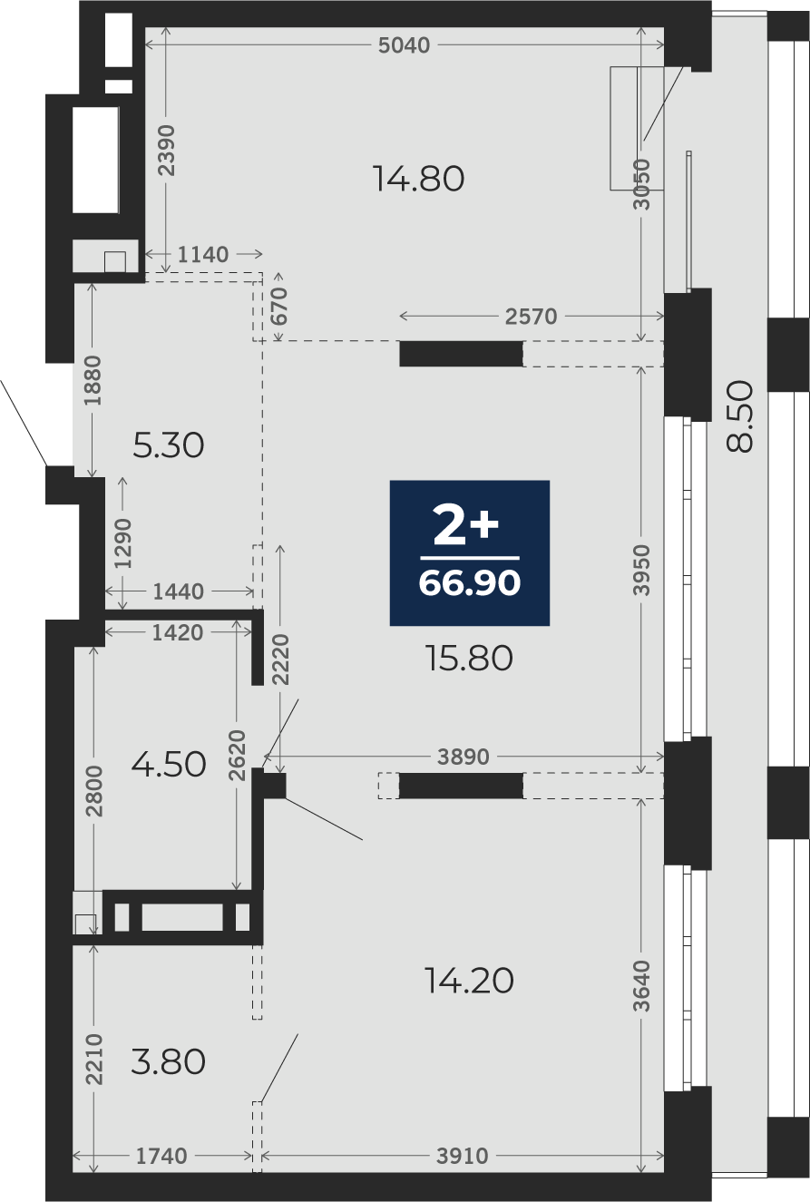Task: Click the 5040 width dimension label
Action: [x=404, y=45]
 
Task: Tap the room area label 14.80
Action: [x=418, y=179]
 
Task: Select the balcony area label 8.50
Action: [x=740, y=416]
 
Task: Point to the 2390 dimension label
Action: [x=167, y=151]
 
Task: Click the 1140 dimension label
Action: [x=203, y=254]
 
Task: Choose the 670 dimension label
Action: [x=279, y=307]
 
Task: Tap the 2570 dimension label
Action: [x=531, y=317]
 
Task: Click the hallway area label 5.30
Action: [x=169, y=445]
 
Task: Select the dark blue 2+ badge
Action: [x=469, y=552]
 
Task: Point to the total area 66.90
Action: [x=469, y=582]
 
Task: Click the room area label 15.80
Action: [x=469, y=658]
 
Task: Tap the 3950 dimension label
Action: [x=641, y=570]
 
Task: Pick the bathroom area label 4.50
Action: [x=169, y=764]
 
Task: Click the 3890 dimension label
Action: [x=464, y=757]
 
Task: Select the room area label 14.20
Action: [x=469, y=981]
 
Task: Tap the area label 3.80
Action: [x=169, y=1061]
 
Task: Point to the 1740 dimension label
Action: [x=161, y=1157]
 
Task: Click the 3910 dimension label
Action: [x=463, y=1157]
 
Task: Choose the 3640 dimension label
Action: [x=641, y=986]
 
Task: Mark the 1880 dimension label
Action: [x=93, y=380]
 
